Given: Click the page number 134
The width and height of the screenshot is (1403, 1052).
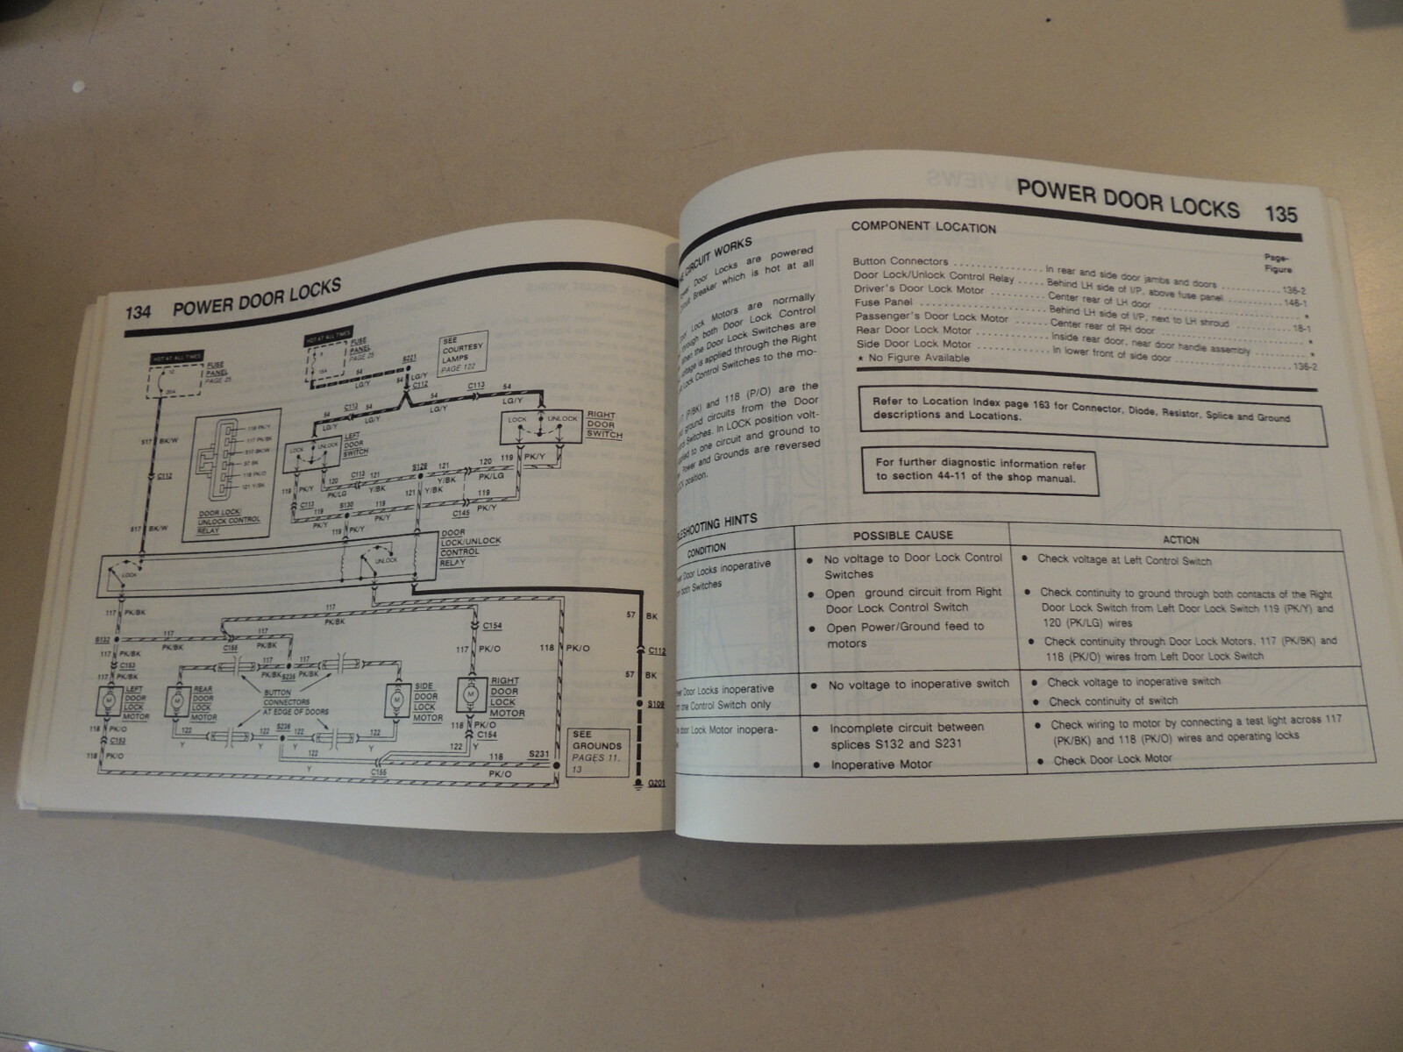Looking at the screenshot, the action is click(141, 312).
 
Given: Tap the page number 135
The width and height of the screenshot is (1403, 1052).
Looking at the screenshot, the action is click(1281, 212).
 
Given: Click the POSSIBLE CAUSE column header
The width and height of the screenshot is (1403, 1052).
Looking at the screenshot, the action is click(902, 535).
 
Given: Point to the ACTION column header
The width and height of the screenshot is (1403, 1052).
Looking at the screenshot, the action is click(1180, 540).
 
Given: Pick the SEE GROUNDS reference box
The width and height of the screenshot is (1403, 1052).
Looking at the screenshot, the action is click(595, 750).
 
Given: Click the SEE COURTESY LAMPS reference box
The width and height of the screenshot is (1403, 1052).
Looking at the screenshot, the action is click(462, 354).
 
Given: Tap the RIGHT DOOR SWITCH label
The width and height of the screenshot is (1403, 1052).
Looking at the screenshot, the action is click(602, 425).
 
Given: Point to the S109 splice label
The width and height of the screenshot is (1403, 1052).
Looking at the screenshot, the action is click(656, 704).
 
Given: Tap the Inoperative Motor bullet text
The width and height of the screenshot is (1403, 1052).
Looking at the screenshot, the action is click(881, 764).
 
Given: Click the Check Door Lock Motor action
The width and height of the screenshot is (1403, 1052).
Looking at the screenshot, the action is click(1112, 759).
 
